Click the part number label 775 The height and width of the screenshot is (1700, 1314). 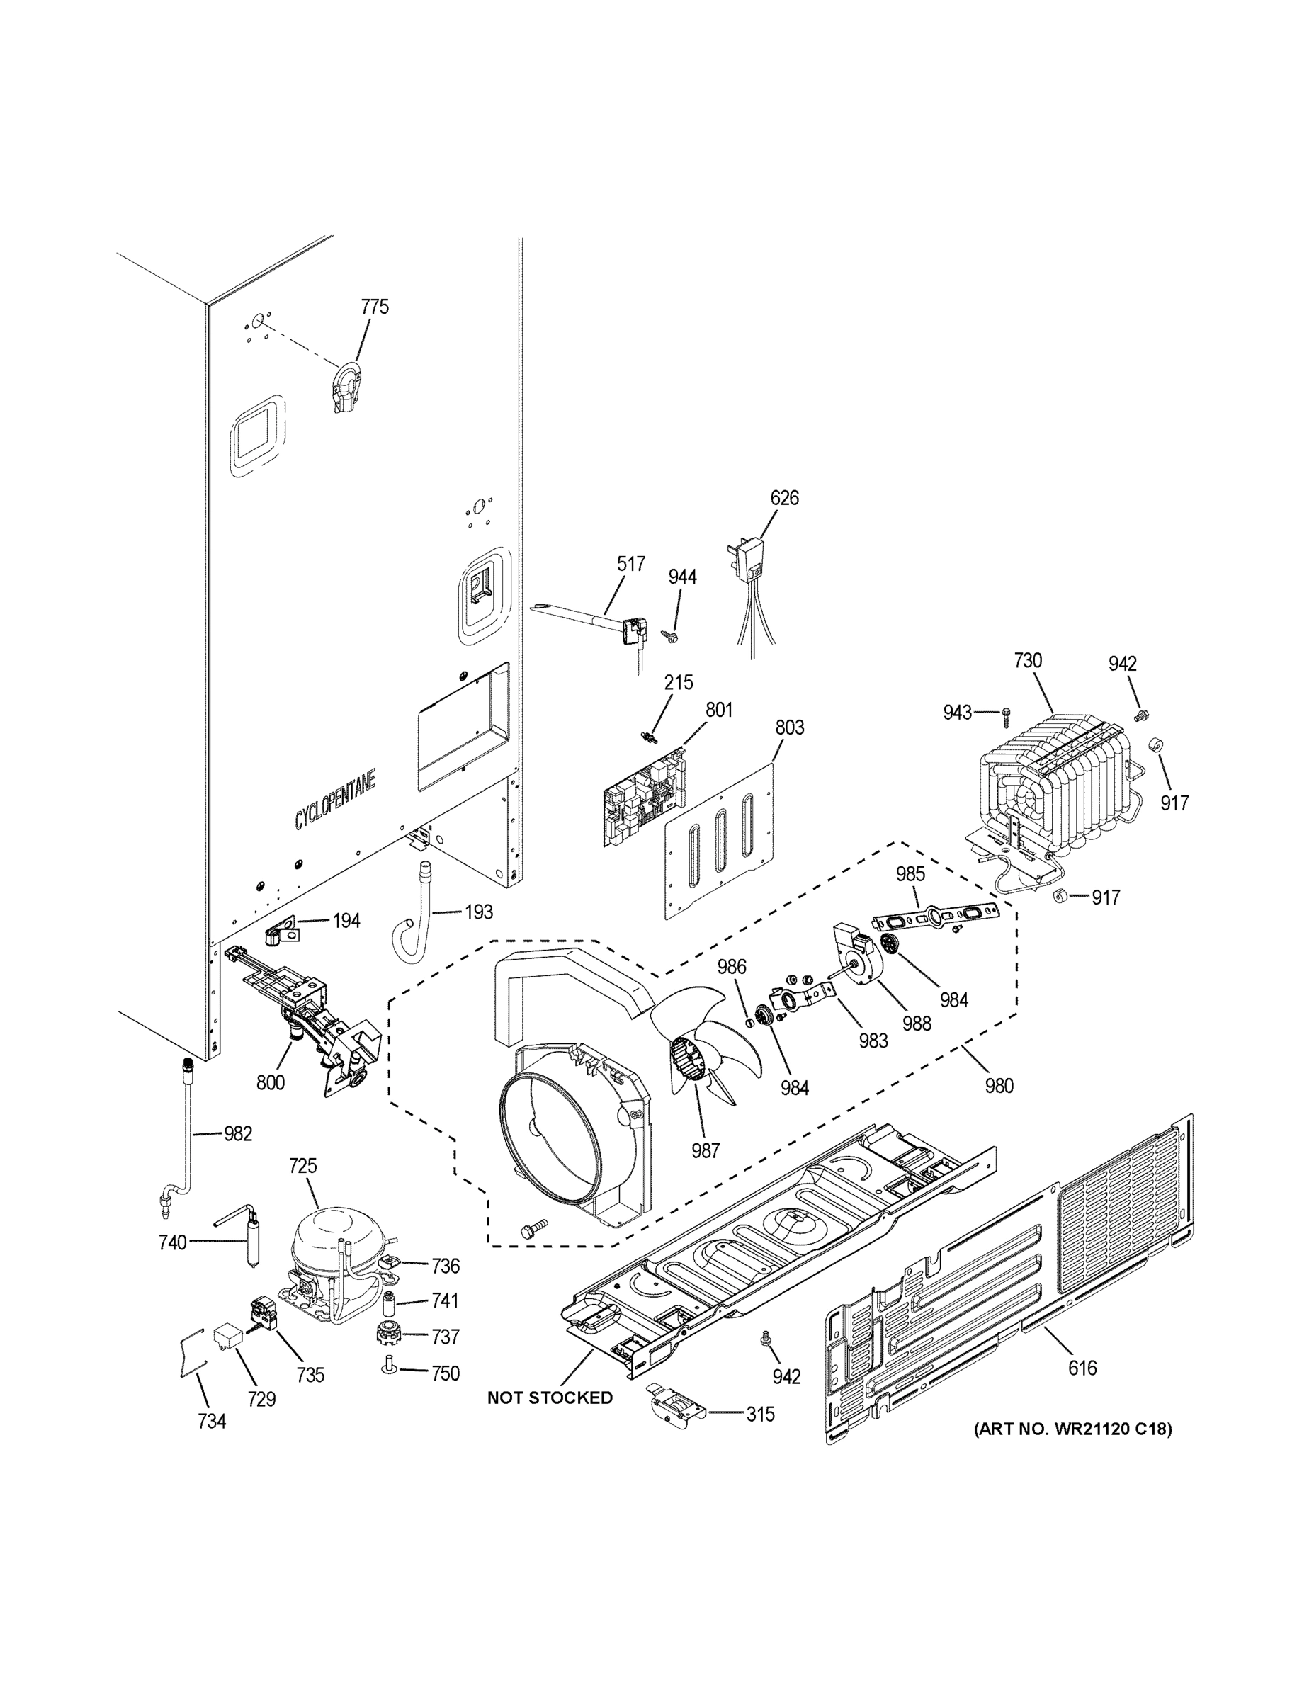pyautogui.click(x=375, y=307)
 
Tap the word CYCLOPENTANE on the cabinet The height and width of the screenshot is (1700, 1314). pyautogui.click(x=335, y=800)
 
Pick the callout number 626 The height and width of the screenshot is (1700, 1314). pyautogui.click(x=784, y=497)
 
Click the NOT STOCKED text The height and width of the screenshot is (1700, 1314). pyautogui.click(x=550, y=1398)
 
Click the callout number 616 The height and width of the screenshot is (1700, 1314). pyautogui.click(x=1082, y=1367)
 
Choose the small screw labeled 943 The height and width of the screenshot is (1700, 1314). pyautogui.click(x=1006, y=711)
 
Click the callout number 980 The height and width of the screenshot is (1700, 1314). pyautogui.click(x=999, y=1085)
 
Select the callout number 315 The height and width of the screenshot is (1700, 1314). pyautogui.click(x=760, y=1414)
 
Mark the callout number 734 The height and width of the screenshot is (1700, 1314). pyautogui.click(x=211, y=1422)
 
